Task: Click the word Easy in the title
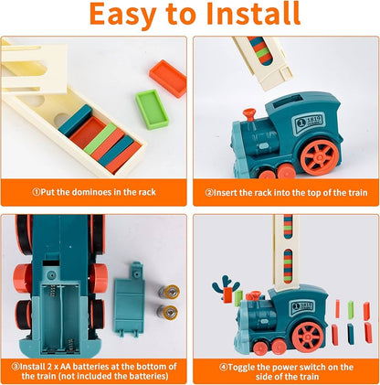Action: click(x=122, y=15)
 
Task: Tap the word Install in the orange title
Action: click(x=253, y=14)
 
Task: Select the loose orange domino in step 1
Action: click(x=168, y=79)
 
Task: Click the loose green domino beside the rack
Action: click(x=152, y=109)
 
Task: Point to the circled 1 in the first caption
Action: click(x=37, y=192)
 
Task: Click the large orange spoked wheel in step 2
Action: click(x=320, y=157)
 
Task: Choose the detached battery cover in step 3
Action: click(x=130, y=299)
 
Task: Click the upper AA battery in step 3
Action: click(x=169, y=292)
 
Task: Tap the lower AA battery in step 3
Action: click(x=168, y=312)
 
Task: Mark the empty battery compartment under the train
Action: click(x=60, y=318)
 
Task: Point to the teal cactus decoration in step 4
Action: click(x=226, y=285)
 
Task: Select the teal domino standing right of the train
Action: click(x=351, y=335)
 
